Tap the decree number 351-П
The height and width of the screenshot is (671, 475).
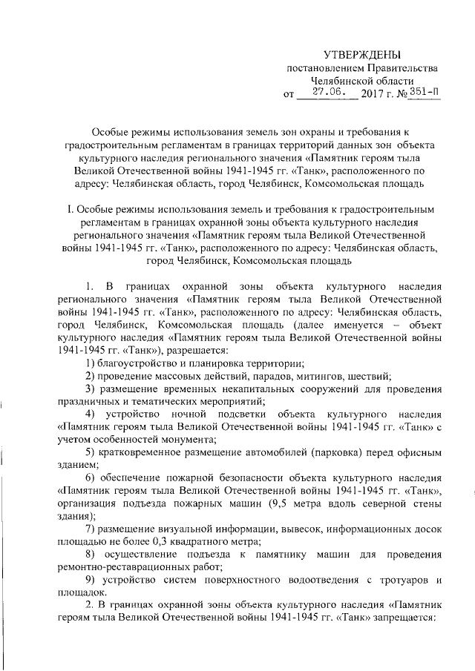pyautogui.click(x=422, y=93)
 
